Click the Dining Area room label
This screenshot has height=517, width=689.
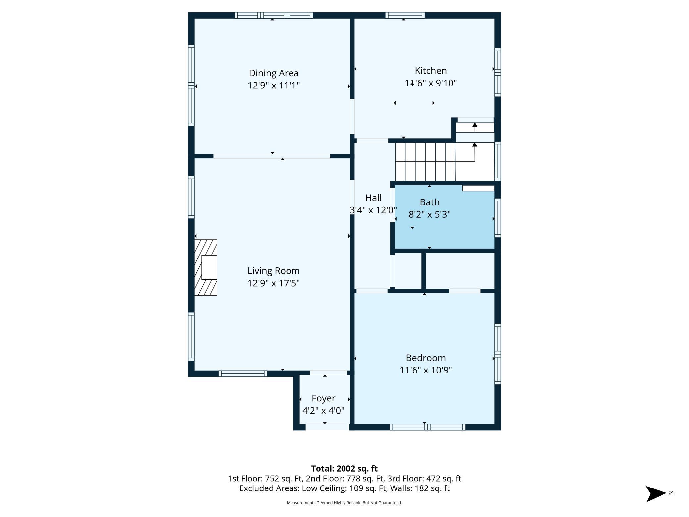274,73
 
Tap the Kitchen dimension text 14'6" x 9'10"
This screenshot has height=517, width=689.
431,83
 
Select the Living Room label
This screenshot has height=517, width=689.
274,271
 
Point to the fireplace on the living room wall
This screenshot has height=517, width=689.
206,267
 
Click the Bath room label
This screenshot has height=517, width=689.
430,202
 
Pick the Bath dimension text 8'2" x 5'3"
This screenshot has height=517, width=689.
430,214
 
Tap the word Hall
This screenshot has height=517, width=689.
373,198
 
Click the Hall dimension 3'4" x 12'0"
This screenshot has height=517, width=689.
373,210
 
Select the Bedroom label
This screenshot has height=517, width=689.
426,358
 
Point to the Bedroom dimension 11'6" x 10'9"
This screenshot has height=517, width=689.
426,370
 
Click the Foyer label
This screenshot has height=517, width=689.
324,398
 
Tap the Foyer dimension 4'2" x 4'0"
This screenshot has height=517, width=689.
324,411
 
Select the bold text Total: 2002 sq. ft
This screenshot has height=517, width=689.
344,469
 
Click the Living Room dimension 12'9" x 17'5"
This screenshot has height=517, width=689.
274,283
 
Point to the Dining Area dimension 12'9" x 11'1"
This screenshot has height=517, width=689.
274,85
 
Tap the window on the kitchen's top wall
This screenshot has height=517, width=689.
405,15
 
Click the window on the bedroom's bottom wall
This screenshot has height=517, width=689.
427,427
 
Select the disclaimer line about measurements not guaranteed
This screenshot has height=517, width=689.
344,503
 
